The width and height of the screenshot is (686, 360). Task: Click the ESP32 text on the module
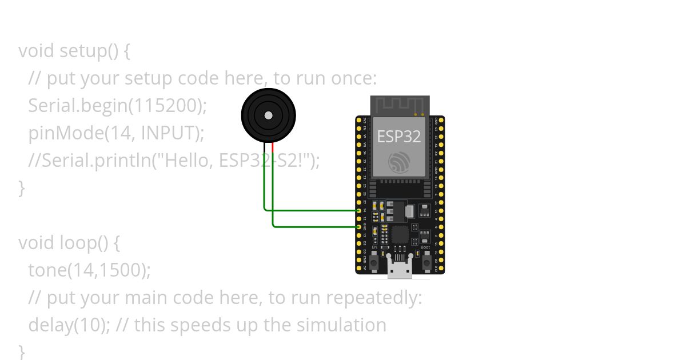point(399,137)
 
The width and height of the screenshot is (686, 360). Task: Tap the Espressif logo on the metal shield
point(399,162)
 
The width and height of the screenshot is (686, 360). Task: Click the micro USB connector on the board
point(400,269)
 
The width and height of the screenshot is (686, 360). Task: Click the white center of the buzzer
point(268,115)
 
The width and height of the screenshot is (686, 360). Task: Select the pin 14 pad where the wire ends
point(360,210)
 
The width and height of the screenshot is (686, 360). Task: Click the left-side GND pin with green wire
point(360,227)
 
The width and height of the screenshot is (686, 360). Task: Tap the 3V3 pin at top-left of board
point(360,120)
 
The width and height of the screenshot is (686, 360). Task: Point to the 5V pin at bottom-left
point(360,268)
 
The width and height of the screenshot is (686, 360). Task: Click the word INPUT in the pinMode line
point(170,133)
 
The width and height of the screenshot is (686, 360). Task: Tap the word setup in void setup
point(82,50)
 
